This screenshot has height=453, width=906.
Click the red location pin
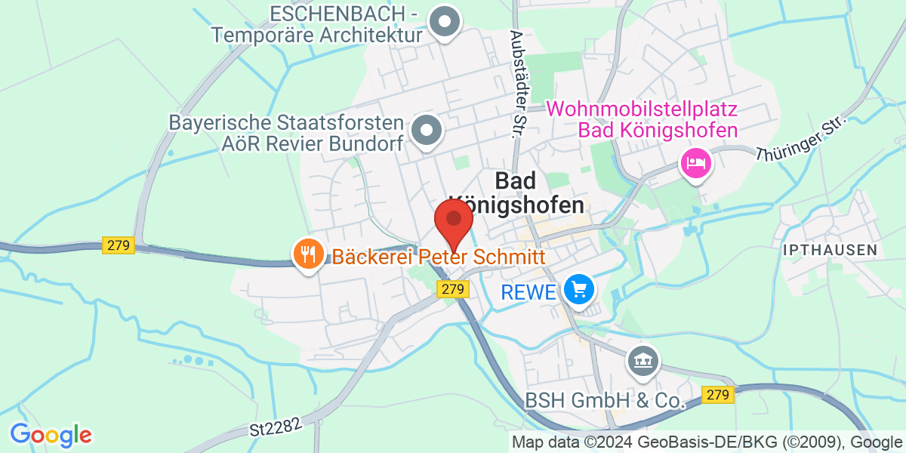point(454,220)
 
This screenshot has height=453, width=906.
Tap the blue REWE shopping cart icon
point(579,289)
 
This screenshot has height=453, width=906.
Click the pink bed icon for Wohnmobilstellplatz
point(695,162)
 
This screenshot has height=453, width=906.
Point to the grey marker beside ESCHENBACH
point(445,22)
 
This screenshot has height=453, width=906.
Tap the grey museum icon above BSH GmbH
point(644,362)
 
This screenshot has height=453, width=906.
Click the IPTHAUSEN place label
point(830,249)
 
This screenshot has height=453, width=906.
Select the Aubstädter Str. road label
point(518,84)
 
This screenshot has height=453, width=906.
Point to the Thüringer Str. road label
point(803,139)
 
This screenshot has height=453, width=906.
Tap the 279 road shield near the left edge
point(118,245)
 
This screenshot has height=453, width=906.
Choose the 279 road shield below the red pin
point(452,289)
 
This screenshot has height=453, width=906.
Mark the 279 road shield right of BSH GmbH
point(718,395)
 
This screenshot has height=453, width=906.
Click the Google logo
point(51,435)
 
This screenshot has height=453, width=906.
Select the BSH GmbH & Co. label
point(606,401)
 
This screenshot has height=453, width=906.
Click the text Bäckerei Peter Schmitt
point(439,257)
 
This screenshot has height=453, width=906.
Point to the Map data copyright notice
point(707,442)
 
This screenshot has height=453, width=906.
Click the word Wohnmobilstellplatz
point(642,109)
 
